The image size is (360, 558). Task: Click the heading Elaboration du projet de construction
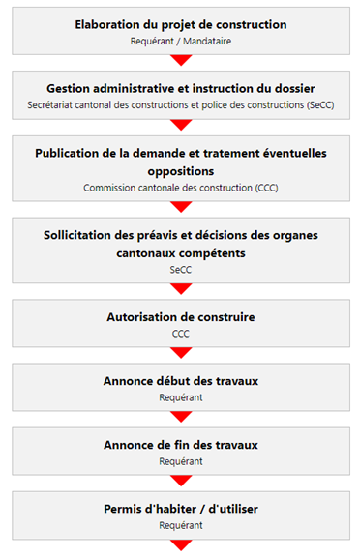point(181,24)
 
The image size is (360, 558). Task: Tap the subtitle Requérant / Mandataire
point(181,42)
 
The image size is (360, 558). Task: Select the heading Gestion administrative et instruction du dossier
point(181,88)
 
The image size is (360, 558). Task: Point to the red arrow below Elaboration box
point(181,60)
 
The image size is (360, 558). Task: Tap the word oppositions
point(181,170)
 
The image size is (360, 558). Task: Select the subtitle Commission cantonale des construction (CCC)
point(181,188)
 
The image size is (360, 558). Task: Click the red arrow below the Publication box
point(181,206)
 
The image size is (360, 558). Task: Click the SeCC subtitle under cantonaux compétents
point(181,272)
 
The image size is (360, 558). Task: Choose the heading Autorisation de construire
point(181,317)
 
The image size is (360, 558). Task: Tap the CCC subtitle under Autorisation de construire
point(181,334)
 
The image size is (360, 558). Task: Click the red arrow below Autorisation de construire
point(181,352)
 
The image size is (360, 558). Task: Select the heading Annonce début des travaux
point(181,381)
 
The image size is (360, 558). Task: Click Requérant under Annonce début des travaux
point(181,397)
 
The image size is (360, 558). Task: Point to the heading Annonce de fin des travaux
point(181,445)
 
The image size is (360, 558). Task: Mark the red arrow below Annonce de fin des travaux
point(181,481)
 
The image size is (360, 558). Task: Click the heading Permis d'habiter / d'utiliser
point(181,509)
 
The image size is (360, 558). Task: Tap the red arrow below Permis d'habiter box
point(181,544)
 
